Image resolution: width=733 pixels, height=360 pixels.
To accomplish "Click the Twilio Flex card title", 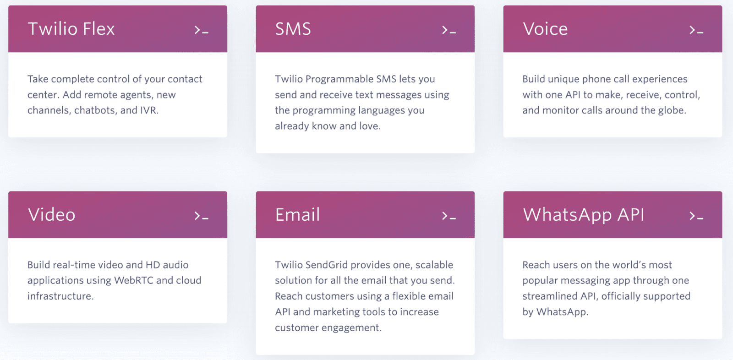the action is [x=71, y=28].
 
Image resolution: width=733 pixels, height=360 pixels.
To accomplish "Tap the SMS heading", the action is [x=293, y=28].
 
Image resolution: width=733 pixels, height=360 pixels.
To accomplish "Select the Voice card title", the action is [x=545, y=28].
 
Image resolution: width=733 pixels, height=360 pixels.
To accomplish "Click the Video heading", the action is [x=52, y=214].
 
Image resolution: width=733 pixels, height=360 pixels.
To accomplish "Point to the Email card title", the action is [x=297, y=214].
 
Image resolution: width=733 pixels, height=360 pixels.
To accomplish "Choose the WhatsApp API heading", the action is [x=584, y=215].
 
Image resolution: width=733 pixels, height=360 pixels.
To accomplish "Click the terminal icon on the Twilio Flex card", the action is [x=201, y=30].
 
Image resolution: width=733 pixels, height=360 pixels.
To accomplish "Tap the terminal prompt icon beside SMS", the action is [x=449, y=30].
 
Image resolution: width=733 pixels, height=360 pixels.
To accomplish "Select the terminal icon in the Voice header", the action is [x=696, y=30].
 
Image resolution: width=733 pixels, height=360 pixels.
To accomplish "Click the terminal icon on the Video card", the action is [x=201, y=216].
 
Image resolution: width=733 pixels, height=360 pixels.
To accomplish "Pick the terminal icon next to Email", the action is [x=449, y=216].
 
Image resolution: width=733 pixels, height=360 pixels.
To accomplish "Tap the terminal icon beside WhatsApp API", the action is [x=696, y=216].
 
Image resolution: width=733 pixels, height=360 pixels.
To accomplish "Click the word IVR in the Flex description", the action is [x=149, y=110].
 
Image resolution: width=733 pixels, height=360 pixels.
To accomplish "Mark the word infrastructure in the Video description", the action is [x=60, y=296].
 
